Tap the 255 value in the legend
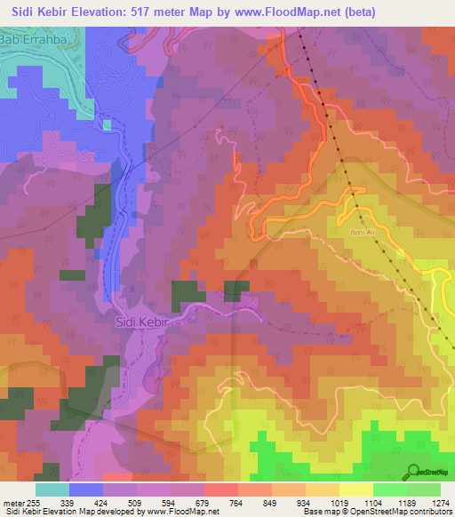click(26, 503)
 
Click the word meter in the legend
click(9, 503)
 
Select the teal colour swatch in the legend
click(52, 489)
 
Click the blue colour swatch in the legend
click(86, 489)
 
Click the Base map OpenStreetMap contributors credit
click(376, 512)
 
